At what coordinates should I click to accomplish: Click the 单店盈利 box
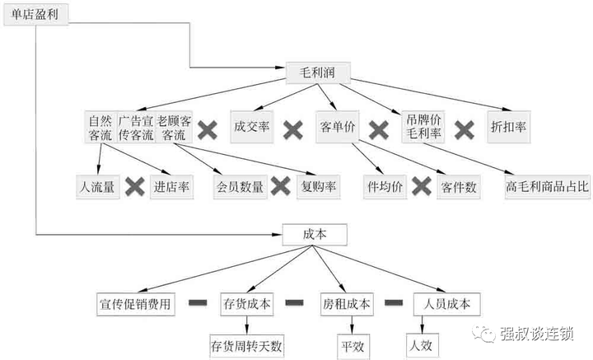point(36,15)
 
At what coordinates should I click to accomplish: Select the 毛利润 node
point(318,72)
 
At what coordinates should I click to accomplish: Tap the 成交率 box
point(252,127)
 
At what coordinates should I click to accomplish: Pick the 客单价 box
point(338,127)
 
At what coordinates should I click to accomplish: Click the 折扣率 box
point(509,127)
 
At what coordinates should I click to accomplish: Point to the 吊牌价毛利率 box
point(423,127)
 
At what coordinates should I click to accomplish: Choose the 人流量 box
point(97,187)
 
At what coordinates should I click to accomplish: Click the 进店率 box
point(171,187)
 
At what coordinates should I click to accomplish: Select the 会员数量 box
point(240,187)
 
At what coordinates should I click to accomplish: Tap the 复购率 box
point(319,187)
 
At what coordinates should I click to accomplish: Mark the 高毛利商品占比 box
point(548,187)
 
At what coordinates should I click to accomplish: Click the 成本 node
point(315,235)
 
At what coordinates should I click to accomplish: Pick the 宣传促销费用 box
point(136,304)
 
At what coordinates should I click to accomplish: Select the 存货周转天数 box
point(246,346)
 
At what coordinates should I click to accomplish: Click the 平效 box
point(353,346)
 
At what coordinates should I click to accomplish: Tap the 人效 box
point(423,346)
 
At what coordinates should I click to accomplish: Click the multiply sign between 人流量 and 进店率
point(135,187)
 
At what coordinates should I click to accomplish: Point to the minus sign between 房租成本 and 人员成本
point(394,302)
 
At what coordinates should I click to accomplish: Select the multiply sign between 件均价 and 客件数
point(422,187)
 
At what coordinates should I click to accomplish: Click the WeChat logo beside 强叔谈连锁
point(483,334)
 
